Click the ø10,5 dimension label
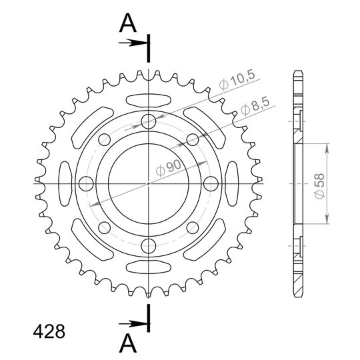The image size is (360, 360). [237, 80]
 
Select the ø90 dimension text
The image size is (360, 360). [168, 168]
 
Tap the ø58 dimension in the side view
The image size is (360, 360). [319, 186]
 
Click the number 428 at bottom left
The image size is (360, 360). [49, 332]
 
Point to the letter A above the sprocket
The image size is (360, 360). [128, 23]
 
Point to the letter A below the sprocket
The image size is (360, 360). [128, 343]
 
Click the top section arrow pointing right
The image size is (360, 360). [133, 43]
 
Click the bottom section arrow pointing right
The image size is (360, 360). [133, 324]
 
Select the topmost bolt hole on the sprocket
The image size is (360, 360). [149, 121]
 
